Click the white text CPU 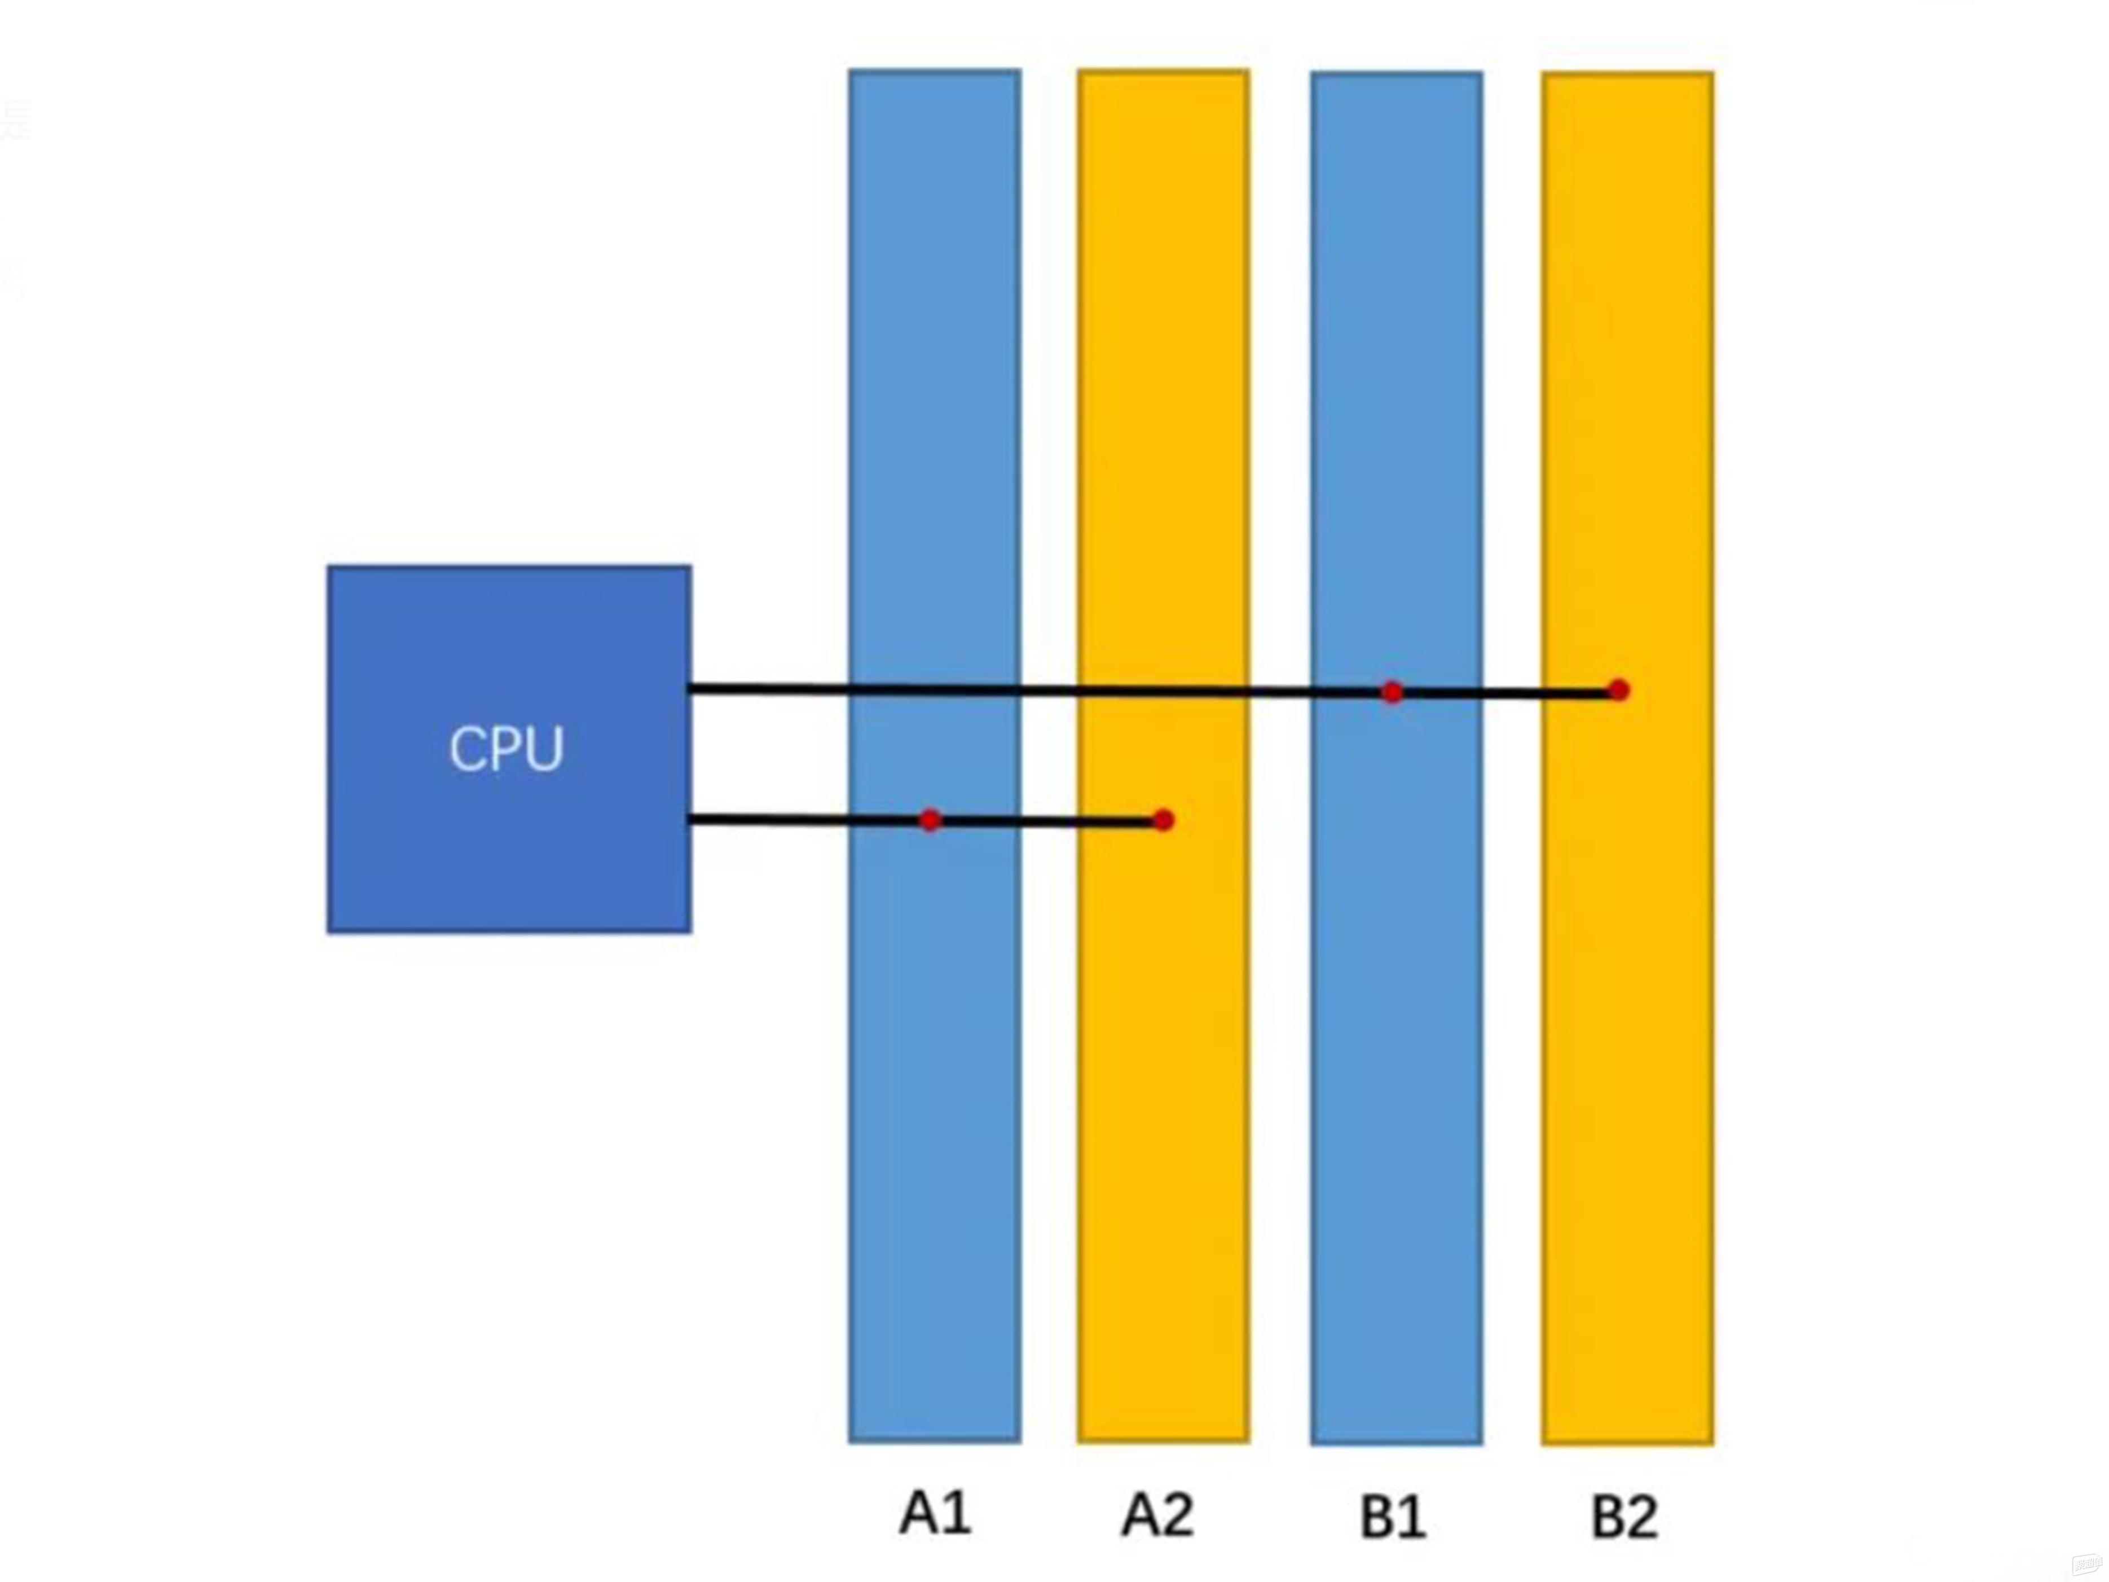507,749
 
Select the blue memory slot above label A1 935,381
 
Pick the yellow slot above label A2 1163,381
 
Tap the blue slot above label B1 1396,381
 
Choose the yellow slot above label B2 1627,381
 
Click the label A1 935,1513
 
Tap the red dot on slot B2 1618,689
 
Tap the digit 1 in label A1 956,1513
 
